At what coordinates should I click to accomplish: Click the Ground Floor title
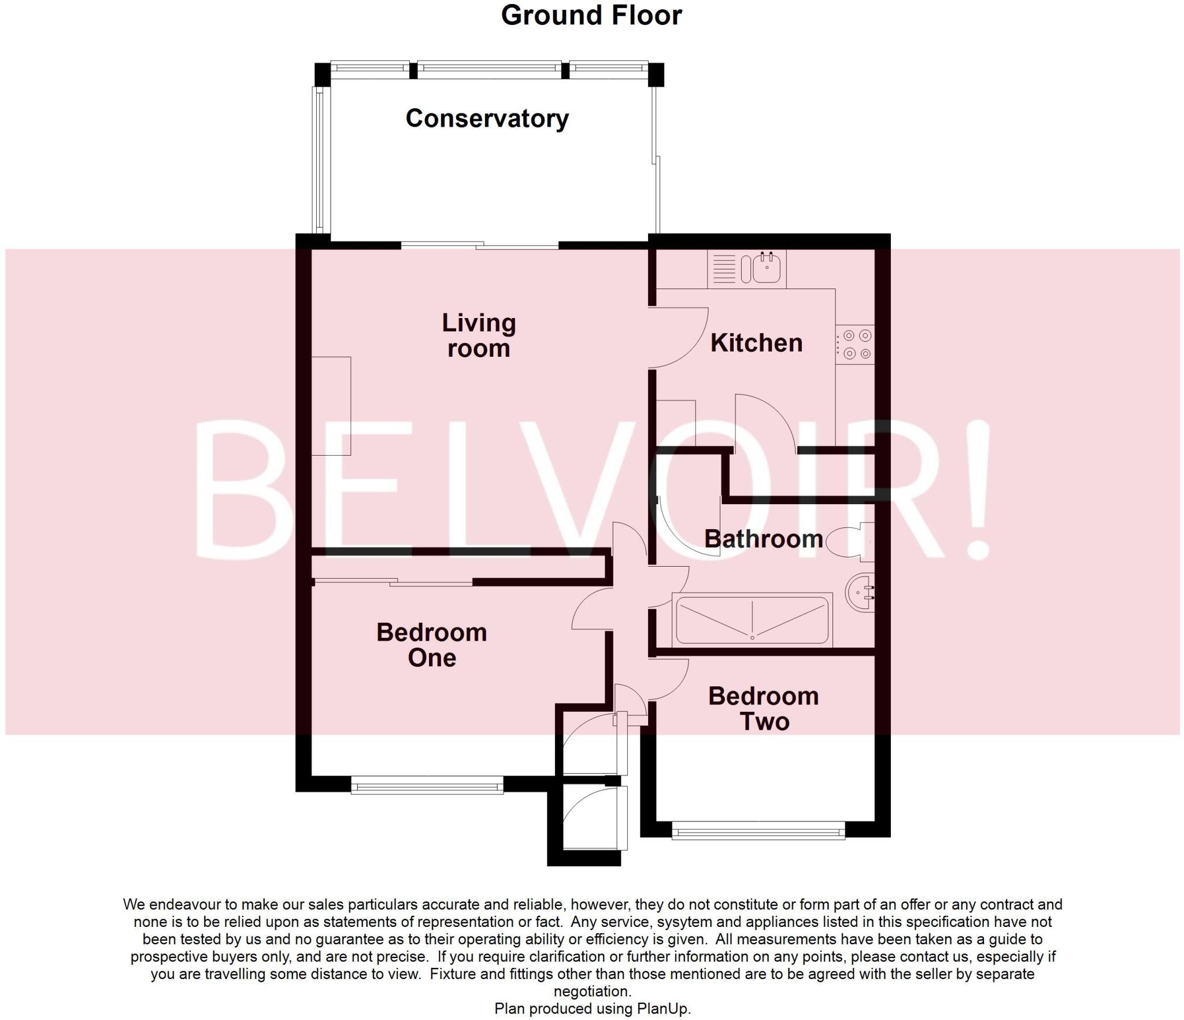click(591, 16)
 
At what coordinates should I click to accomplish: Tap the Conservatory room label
click(487, 119)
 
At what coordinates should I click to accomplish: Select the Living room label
click(479, 335)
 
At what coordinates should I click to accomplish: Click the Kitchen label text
click(756, 343)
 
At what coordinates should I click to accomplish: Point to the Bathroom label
click(763, 539)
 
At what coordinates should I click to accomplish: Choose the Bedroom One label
click(431, 645)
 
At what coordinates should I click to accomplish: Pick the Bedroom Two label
click(764, 708)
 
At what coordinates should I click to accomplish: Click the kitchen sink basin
click(767, 269)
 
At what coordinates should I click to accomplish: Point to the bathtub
click(752, 620)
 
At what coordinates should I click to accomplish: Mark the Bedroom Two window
click(758, 833)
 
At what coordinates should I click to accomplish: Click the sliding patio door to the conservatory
click(480, 246)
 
